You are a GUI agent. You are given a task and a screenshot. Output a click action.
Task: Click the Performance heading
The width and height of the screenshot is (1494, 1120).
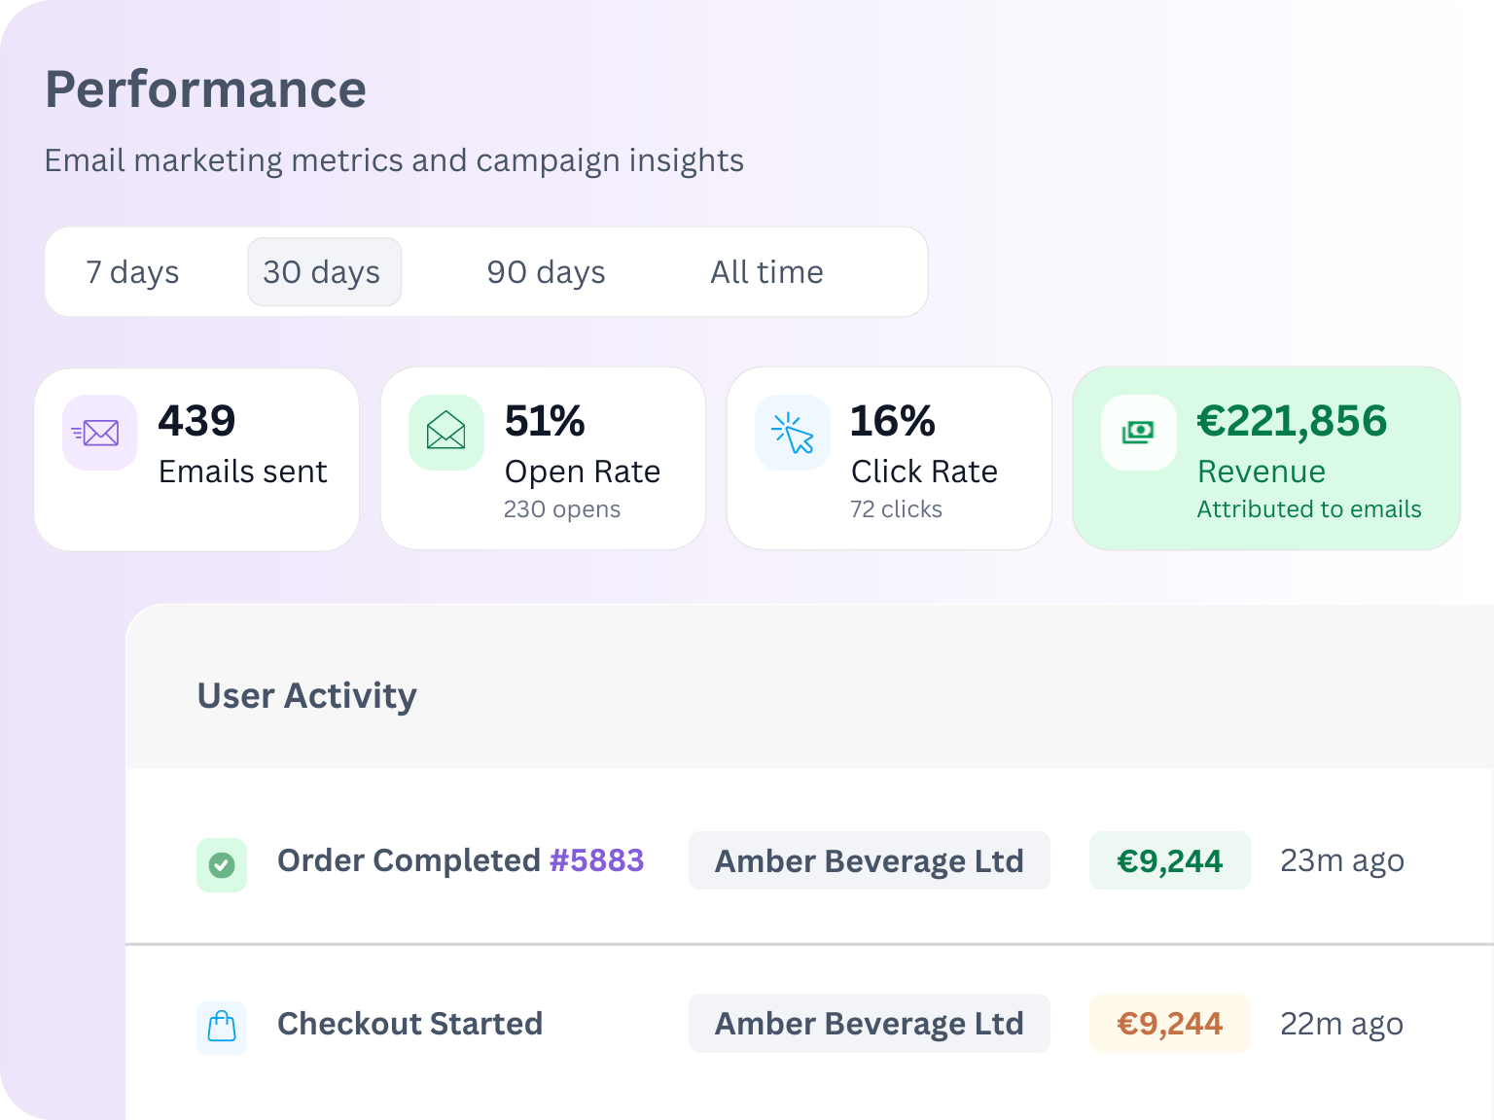click(x=205, y=89)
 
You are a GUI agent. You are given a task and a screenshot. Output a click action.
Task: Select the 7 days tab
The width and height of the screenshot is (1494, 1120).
click(x=132, y=272)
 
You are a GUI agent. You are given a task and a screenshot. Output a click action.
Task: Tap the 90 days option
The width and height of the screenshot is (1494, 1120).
click(x=546, y=272)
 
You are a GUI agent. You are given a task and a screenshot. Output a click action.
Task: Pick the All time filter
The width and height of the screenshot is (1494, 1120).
click(x=766, y=272)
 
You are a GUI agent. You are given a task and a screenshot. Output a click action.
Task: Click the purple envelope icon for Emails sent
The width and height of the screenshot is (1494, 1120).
click(x=100, y=433)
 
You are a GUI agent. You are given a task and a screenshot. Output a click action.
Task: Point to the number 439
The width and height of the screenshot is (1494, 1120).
click(x=196, y=421)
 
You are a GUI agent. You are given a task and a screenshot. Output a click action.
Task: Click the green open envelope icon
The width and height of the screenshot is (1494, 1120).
click(x=446, y=433)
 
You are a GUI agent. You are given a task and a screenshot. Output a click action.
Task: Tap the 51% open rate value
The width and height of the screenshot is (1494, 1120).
click(x=545, y=421)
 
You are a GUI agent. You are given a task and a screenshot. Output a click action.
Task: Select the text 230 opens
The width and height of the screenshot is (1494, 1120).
click(x=561, y=509)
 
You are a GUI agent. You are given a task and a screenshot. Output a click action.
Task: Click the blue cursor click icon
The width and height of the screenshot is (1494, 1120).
click(x=793, y=433)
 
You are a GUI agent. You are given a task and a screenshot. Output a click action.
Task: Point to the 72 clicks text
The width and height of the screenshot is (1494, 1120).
click(x=896, y=509)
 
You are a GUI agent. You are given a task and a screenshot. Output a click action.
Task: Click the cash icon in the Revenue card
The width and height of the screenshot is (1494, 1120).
click(x=1138, y=433)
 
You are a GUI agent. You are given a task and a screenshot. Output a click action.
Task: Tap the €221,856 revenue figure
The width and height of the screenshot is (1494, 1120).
click(x=1292, y=421)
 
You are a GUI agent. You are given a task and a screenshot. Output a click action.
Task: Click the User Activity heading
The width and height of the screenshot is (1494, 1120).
click(x=306, y=696)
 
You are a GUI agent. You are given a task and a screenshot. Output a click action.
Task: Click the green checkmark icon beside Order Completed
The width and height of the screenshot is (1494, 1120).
click(x=222, y=864)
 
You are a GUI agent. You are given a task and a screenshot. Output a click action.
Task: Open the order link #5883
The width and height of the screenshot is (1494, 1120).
click(x=596, y=860)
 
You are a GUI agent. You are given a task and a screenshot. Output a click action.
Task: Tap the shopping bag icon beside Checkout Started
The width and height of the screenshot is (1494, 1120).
click(x=222, y=1027)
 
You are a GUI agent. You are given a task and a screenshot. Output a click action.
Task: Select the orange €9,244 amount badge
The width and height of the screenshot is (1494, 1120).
click(x=1169, y=1024)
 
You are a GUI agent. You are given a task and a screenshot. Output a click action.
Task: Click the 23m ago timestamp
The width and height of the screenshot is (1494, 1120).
click(x=1341, y=860)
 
